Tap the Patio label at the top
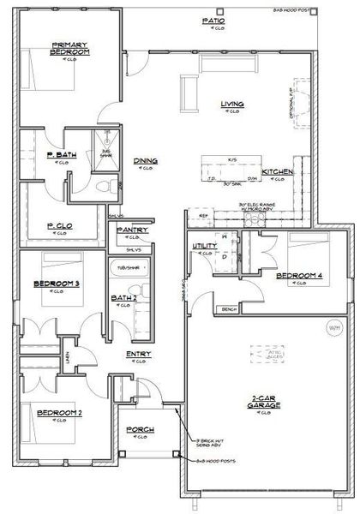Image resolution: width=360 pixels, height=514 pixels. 213,19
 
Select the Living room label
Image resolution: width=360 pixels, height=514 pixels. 232,105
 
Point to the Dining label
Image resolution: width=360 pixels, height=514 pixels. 145,160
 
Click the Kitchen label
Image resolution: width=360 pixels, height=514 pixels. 278,172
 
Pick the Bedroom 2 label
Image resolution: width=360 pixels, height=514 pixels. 59,414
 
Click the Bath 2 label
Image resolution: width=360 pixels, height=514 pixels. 123,298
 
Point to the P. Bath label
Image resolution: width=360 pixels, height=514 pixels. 58,155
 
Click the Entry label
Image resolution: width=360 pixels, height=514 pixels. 139,354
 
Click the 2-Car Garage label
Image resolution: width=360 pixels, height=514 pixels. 266,402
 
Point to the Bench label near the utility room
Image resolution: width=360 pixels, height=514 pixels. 228,309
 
